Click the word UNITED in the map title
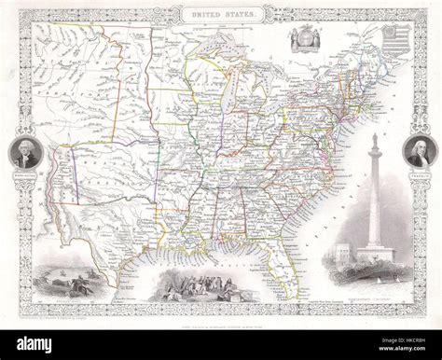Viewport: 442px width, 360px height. tap(207, 16)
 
